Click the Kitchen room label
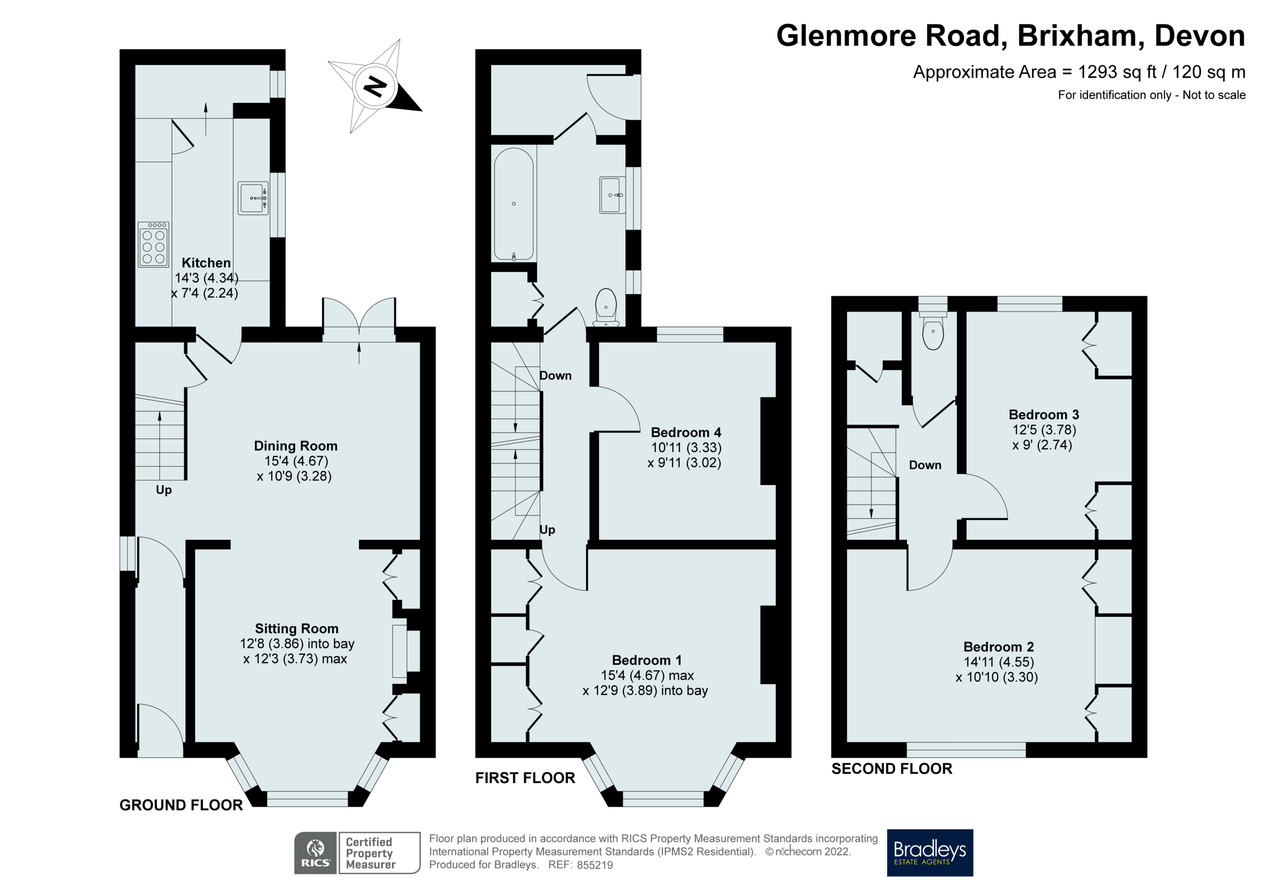[206, 263]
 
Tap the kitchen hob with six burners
[154, 244]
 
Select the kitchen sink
[253, 197]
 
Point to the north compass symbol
[375, 86]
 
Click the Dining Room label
[295, 446]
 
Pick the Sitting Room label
[296, 628]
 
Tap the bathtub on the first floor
[514, 204]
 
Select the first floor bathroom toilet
[606, 305]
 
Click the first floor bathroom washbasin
[612, 195]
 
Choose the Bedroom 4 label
[685, 432]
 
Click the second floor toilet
[933, 332]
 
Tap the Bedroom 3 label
[1044, 414]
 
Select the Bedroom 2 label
[998, 646]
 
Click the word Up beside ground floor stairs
[163, 489]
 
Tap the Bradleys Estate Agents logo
[930, 852]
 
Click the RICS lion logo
[316, 852]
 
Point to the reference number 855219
[594, 865]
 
